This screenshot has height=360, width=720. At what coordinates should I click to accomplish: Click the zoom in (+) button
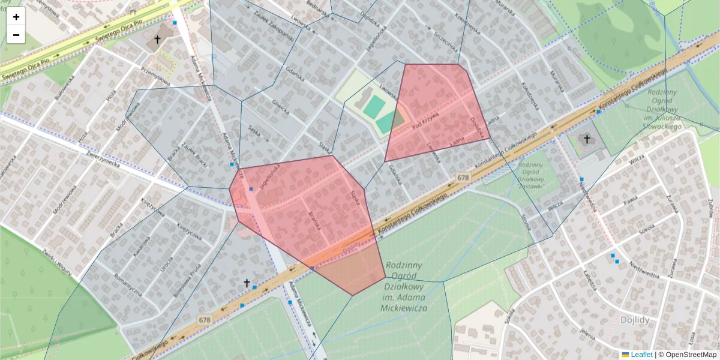pos(16,17)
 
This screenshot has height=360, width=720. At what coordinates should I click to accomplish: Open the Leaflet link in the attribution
pos(641,355)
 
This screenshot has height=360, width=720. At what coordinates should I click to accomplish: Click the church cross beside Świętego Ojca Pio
pos(157,40)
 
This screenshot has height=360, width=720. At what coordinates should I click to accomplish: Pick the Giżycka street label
pos(280,107)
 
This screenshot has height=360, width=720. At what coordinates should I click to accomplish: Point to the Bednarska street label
pos(317,5)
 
